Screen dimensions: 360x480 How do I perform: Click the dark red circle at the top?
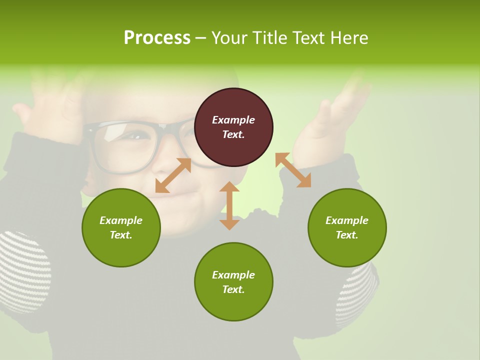[233, 127]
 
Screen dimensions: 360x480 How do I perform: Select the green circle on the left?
[121, 227]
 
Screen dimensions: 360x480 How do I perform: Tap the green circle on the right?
[347, 227]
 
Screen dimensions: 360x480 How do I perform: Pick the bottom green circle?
[233, 282]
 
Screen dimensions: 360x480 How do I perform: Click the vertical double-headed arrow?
[229, 205]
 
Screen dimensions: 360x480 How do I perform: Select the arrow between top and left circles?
[173, 175]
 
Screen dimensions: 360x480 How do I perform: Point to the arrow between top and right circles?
[293, 170]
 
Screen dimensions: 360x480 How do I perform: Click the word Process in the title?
[157, 37]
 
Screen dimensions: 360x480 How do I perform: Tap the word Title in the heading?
[270, 37]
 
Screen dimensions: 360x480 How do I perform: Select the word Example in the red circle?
[233, 120]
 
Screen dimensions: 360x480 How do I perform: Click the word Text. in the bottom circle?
[233, 289]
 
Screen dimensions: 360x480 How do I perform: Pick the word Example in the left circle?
[121, 220]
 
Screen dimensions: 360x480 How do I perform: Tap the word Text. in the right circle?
[347, 235]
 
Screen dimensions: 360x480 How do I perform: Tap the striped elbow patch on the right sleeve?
[357, 295]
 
